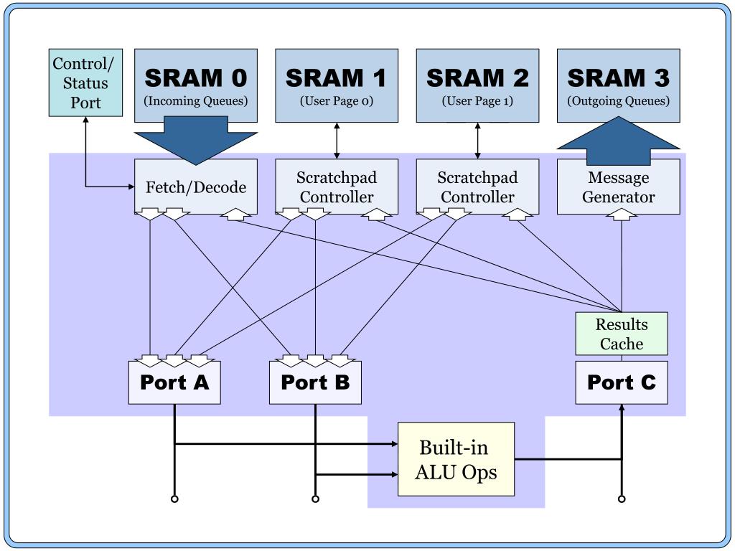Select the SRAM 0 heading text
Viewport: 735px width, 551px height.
click(x=196, y=77)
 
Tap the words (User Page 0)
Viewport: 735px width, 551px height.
click(x=337, y=101)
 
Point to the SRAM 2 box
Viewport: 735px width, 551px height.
click(x=477, y=85)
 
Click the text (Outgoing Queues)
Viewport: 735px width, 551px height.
click(x=619, y=101)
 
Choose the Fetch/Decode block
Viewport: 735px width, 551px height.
click(x=196, y=187)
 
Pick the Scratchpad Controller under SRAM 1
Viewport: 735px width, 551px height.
click(x=337, y=187)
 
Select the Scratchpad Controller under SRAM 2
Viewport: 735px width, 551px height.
click(x=477, y=187)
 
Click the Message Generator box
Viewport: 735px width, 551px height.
click(x=619, y=187)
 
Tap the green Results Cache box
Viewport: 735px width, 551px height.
click(x=622, y=334)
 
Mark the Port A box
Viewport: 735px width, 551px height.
click(x=174, y=382)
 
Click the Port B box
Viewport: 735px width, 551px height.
click(x=315, y=382)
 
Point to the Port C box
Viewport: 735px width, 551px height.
click(x=622, y=382)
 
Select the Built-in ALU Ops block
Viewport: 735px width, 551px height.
click(x=457, y=459)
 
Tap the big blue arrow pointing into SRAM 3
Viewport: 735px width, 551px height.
click(x=618, y=141)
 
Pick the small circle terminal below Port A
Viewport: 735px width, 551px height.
click(x=174, y=499)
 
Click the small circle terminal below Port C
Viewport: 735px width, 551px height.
click(x=622, y=499)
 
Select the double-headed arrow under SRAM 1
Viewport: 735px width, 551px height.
click(x=337, y=141)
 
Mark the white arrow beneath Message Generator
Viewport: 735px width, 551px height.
click(x=622, y=214)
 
